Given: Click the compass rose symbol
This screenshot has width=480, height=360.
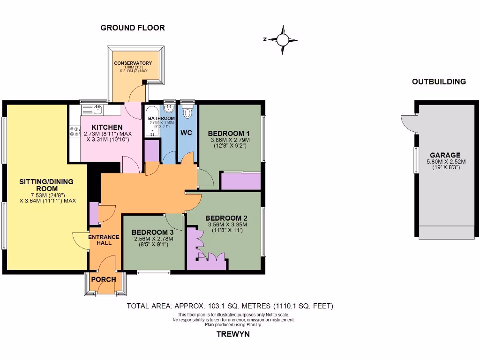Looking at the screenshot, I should tap(283, 40).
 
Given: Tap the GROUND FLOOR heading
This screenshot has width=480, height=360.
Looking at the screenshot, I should tap(133, 28).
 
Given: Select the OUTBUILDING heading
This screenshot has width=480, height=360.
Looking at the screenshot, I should tap(439, 82).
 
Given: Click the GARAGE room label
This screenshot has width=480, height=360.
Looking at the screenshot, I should tap(445, 155).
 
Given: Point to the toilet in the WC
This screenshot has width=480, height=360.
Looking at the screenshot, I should tap(188, 112).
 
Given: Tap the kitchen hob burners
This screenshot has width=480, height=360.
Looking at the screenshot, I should tap(74, 132).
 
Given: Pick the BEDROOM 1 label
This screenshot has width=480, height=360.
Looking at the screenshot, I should tap(229, 133).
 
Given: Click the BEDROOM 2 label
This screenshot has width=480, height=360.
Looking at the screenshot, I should tap(226, 218).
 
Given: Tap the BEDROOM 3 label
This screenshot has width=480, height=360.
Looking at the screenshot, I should tap(152, 232).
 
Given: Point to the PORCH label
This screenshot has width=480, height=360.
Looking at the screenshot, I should tap(104, 279).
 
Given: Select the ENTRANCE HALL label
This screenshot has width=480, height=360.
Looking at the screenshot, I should tap(104, 240).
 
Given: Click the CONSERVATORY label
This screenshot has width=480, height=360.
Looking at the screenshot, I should tap(133, 63).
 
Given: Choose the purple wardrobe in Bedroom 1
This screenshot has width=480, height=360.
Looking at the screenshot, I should tap(240, 181).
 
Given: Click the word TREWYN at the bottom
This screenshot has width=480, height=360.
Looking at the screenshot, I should tap(233, 334).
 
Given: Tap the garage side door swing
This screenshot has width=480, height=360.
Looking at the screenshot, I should tap(409, 124).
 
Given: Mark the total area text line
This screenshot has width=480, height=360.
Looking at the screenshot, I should tap(230, 306).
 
